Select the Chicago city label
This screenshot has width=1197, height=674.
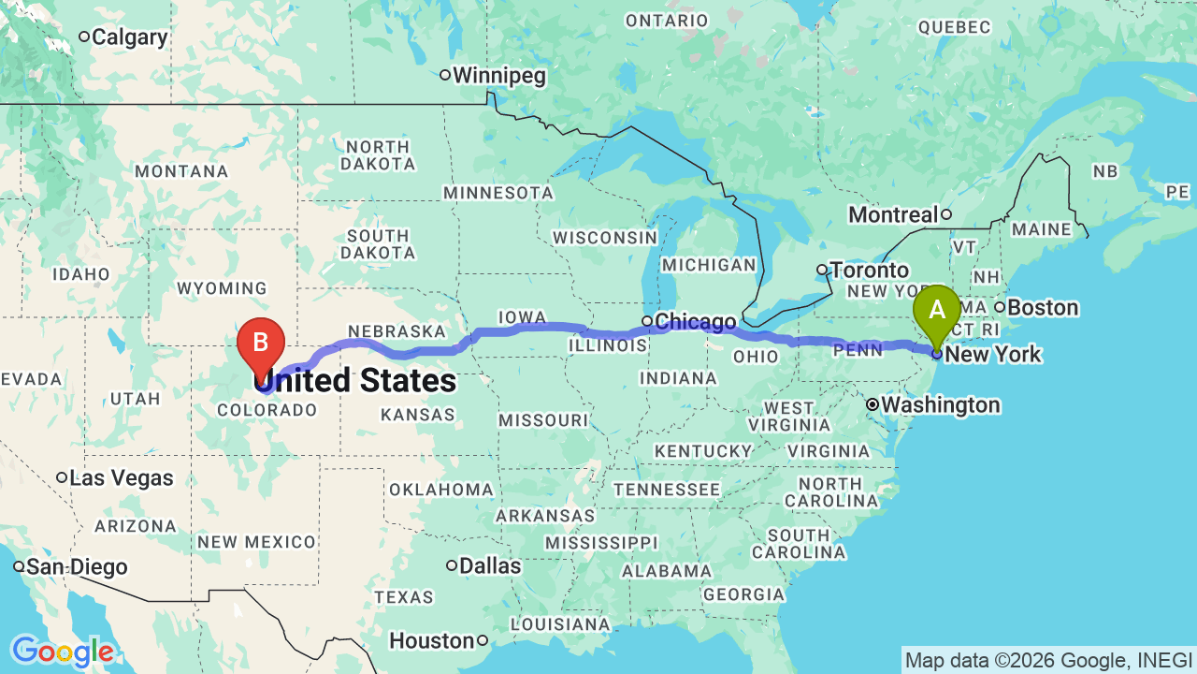(x=695, y=322)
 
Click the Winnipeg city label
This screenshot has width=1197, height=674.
(x=499, y=76)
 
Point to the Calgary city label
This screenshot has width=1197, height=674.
(x=129, y=37)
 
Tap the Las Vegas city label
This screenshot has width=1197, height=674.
(x=122, y=478)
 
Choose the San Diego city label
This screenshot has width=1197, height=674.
(x=76, y=567)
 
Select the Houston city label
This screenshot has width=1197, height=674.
(x=432, y=641)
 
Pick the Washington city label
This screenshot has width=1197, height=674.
(x=940, y=405)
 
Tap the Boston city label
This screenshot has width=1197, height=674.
(x=1043, y=308)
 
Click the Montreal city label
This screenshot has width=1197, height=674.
(x=893, y=215)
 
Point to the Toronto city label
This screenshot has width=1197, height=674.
(x=869, y=271)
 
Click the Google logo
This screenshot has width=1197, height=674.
(x=62, y=652)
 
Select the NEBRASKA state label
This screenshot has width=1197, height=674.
(x=397, y=331)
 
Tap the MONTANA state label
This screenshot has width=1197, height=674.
(x=181, y=171)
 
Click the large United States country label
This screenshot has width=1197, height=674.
(x=355, y=381)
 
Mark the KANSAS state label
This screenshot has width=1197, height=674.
(x=418, y=414)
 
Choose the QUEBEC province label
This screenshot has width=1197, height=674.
(x=954, y=27)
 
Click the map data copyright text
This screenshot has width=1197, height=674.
(x=1048, y=661)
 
